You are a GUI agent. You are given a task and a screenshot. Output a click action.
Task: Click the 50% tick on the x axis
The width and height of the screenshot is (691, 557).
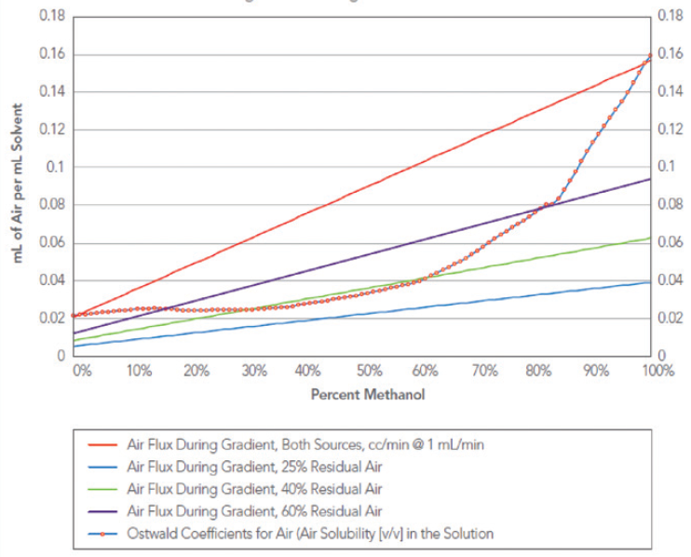pyautogui.click(x=369, y=370)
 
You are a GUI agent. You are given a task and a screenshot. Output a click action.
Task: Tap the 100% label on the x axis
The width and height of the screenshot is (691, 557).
pyautogui.click(x=657, y=370)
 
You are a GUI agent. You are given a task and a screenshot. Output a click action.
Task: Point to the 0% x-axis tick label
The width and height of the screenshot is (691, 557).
pyautogui.click(x=83, y=370)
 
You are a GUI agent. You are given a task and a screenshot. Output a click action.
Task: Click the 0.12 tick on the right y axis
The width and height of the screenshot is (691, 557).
pyautogui.click(x=668, y=129)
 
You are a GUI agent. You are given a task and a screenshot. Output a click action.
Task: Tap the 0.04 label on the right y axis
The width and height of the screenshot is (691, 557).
pyautogui.click(x=668, y=280)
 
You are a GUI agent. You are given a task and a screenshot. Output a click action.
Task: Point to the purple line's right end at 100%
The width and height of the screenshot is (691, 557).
pyautogui.click(x=650, y=179)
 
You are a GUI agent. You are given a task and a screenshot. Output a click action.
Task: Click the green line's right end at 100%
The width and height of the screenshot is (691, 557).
pyautogui.click(x=650, y=238)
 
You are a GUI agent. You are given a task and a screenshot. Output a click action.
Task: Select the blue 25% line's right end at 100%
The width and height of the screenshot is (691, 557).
pyautogui.click(x=650, y=282)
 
